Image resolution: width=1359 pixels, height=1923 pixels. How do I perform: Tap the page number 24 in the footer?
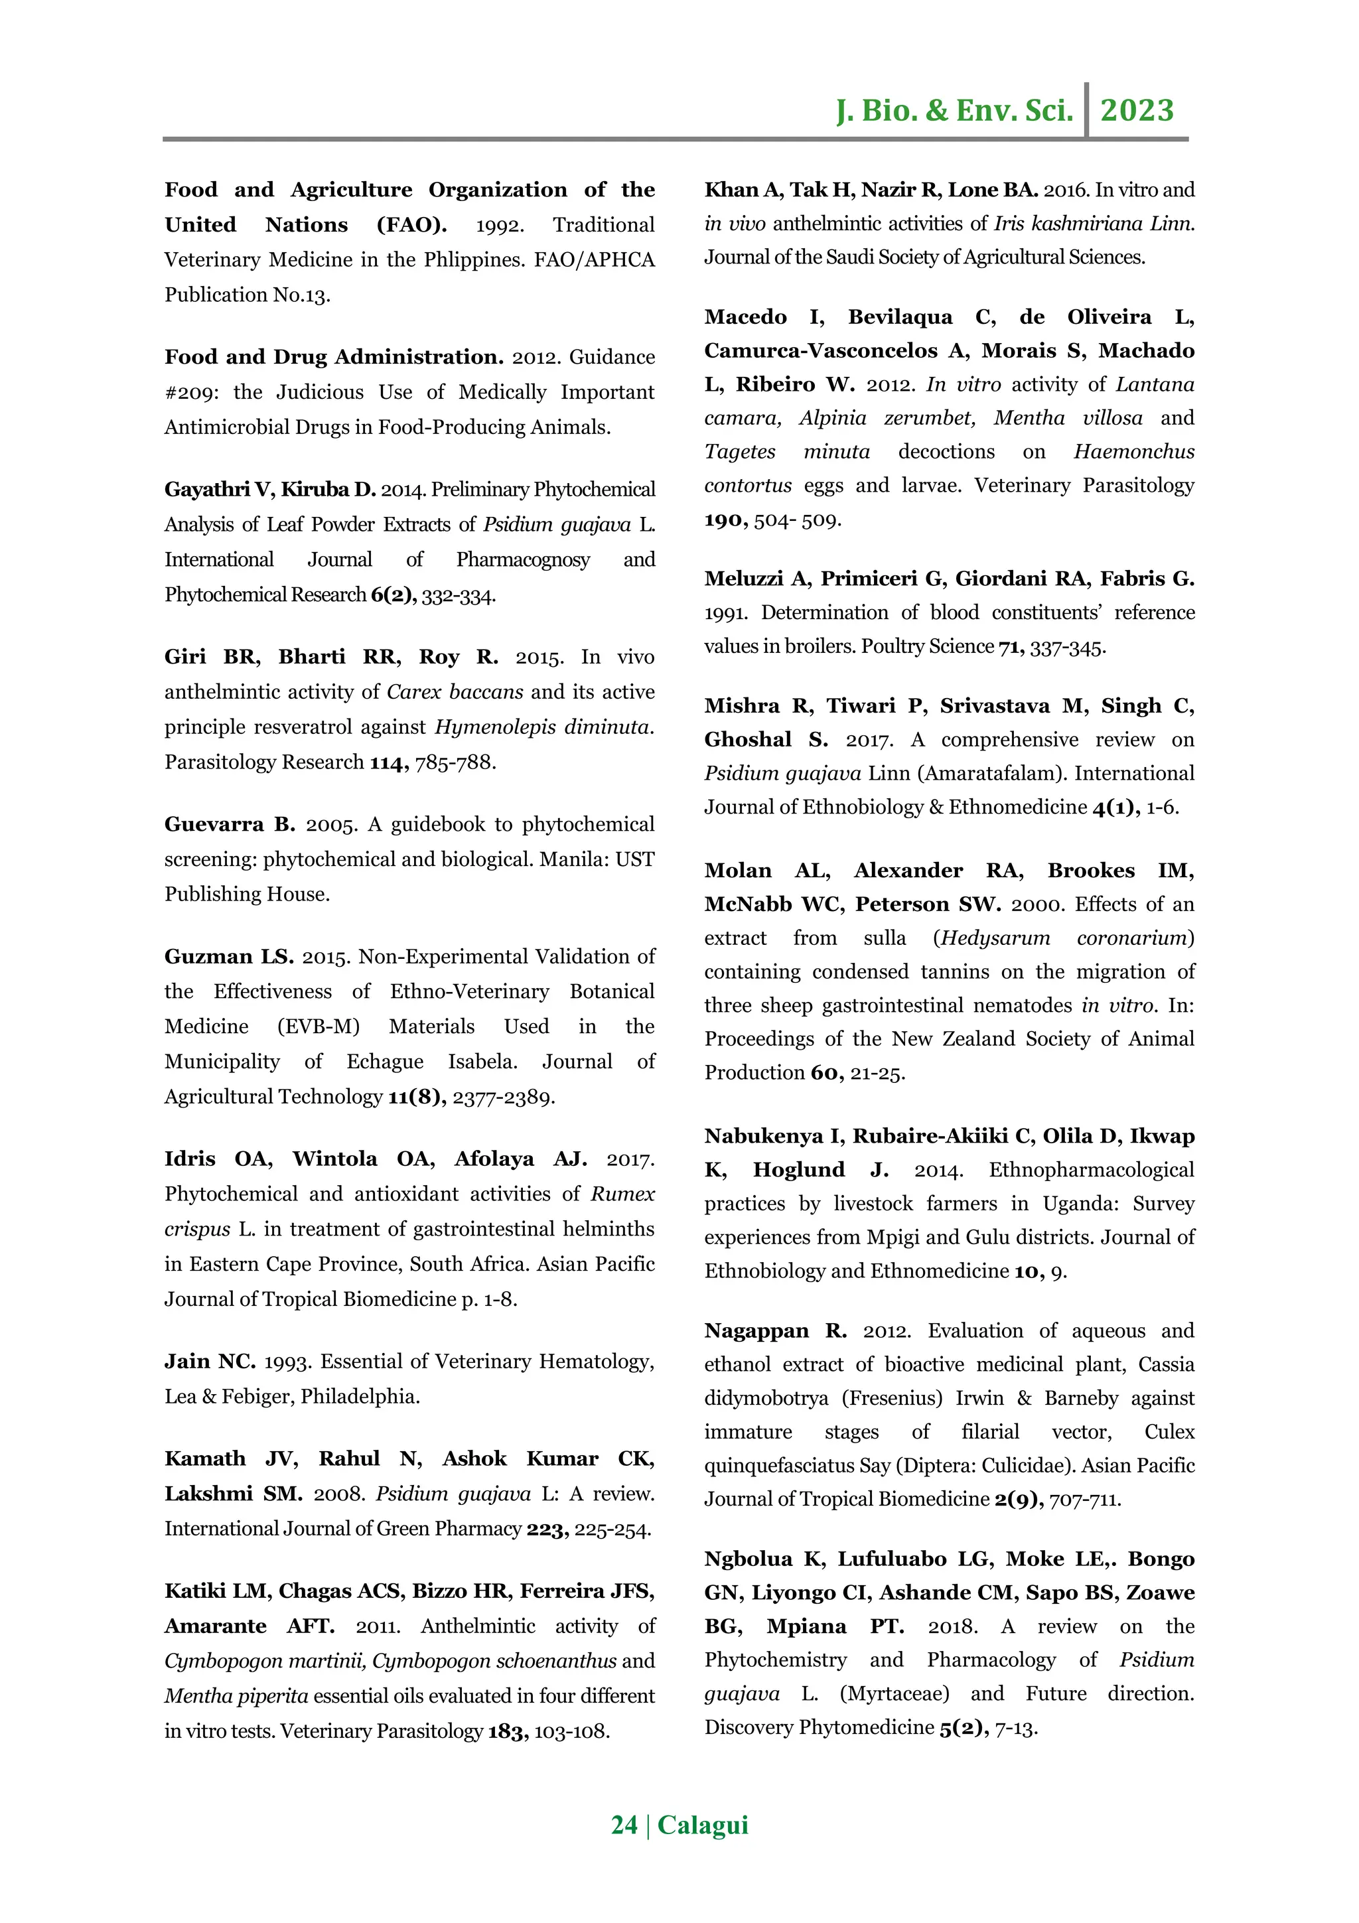pyautogui.click(x=624, y=1824)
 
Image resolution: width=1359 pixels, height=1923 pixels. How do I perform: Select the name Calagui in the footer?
pyautogui.click(x=703, y=1824)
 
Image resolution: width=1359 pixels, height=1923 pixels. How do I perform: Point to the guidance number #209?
pyautogui.click(x=192, y=392)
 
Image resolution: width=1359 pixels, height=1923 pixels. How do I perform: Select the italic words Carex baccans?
pyautogui.click(x=455, y=692)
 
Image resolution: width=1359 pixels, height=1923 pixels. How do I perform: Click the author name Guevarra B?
pyautogui.click(x=230, y=824)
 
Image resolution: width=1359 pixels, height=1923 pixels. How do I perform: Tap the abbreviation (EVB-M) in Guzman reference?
pyautogui.click(x=319, y=1026)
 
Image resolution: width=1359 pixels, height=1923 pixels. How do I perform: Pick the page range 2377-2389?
pyautogui.click(x=503, y=1096)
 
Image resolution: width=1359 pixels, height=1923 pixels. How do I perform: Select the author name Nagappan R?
pyautogui.click(x=775, y=1331)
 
